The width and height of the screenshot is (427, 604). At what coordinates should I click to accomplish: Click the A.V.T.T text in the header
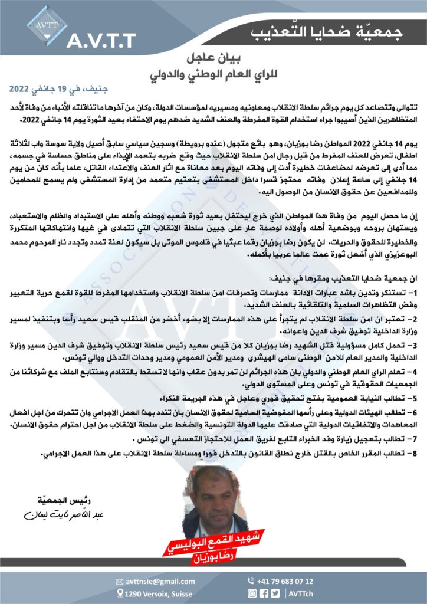[101, 40]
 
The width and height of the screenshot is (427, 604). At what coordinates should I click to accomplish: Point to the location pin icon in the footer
[120, 593]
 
